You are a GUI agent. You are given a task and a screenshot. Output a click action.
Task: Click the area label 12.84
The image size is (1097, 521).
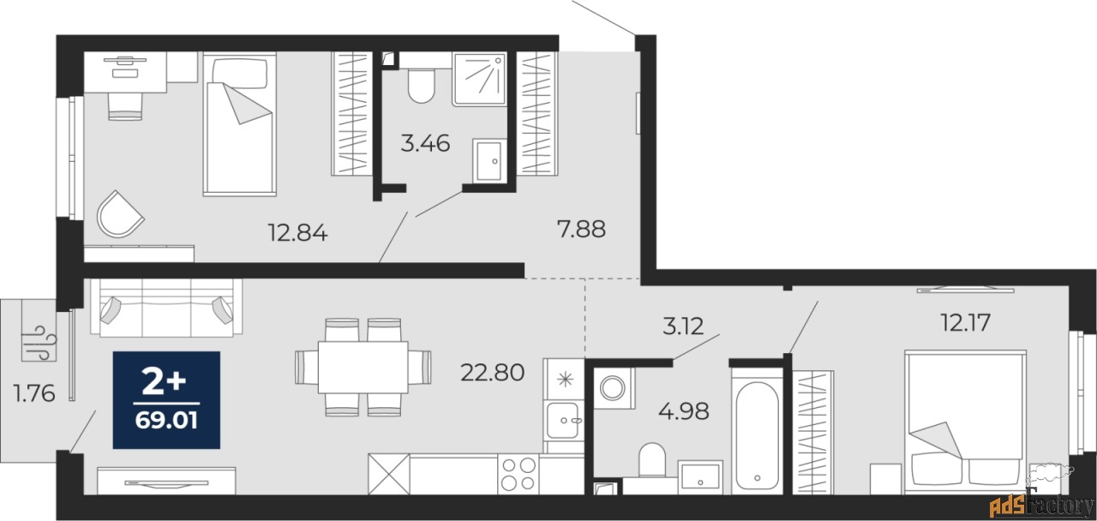(x=297, y=232)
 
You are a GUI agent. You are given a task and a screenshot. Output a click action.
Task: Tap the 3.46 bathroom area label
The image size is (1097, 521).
(x=425, y=143)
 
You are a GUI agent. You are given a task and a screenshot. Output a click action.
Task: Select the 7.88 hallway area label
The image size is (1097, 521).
(x=581, y=229)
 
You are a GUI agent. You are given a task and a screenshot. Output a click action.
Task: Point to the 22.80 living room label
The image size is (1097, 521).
(x=492, y=373)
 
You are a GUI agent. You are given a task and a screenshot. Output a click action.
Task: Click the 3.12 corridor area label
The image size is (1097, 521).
(x=683, y=326)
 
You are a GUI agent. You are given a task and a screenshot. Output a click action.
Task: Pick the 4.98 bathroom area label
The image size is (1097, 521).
(x=684, y=411)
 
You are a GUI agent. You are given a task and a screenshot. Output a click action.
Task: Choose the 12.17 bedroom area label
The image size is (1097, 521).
(x=966, y=322)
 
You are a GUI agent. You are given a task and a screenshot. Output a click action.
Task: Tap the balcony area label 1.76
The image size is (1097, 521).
(x=34, y=393)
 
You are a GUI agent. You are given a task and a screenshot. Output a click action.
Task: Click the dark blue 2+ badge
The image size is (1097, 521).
(x=166, y=400)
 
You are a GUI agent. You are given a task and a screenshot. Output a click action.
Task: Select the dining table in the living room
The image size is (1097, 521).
(x=363, y=368)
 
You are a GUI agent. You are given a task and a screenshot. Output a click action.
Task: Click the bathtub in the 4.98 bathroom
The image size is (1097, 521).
(x=757, y=436)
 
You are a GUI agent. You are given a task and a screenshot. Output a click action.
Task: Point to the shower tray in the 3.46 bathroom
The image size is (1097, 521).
(x=479, y=80)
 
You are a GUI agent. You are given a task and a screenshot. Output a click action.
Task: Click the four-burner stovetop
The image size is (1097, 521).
(x=519, y=474)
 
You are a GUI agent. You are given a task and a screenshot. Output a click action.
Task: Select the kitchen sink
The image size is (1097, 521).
(x=563, y=420)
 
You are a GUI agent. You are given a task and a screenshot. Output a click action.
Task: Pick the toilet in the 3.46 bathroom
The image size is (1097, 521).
(x=421, y=86)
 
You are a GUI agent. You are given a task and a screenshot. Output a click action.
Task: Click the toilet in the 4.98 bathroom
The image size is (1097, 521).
(x=652, y=459)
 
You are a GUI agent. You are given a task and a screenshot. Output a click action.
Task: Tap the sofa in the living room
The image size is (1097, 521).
(x=166, y=308)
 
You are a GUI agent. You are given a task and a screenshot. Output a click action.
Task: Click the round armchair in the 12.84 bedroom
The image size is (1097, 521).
(x=119, y=214)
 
